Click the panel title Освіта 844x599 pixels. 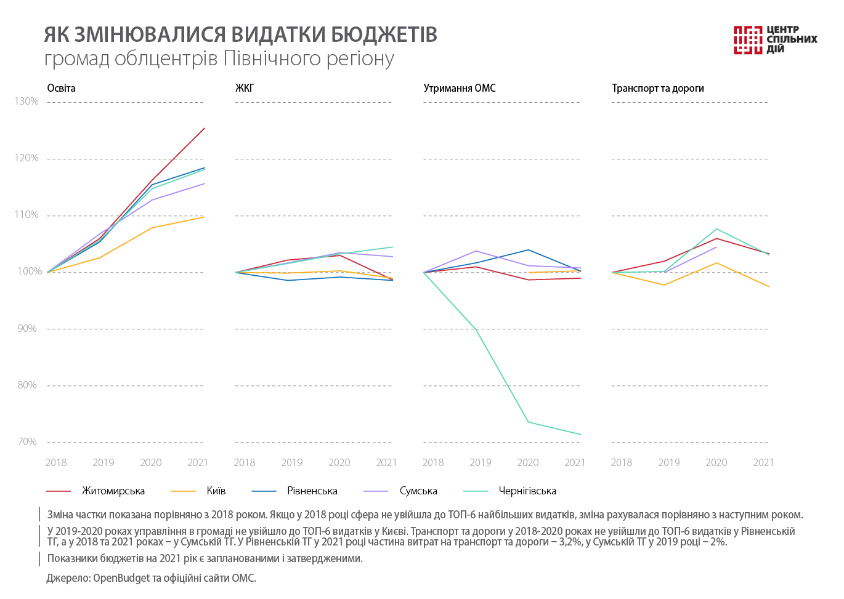[61, 88]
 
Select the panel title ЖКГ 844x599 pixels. [245, 88]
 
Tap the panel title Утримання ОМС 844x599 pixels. [460, 88]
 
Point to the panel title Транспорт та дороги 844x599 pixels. [657, 88]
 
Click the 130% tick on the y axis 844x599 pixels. [26, 102]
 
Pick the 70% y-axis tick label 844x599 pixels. [26, 442]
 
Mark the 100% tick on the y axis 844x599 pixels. [26, 271]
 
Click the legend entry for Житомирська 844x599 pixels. [113, 491]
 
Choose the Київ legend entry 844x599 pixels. [216, 491]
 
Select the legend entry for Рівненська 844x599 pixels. [312, 491]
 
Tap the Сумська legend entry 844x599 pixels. [418, 491]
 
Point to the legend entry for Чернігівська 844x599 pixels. [527, 491]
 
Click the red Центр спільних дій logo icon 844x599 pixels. [748, 40]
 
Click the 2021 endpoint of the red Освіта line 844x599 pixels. [205, 128]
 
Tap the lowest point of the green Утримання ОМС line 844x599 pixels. [581, 435]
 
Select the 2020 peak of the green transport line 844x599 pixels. [716, 229]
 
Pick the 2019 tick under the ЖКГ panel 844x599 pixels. [292, 462]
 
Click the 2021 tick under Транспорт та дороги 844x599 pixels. [763, 462]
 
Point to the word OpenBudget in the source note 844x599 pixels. [121, 577]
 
